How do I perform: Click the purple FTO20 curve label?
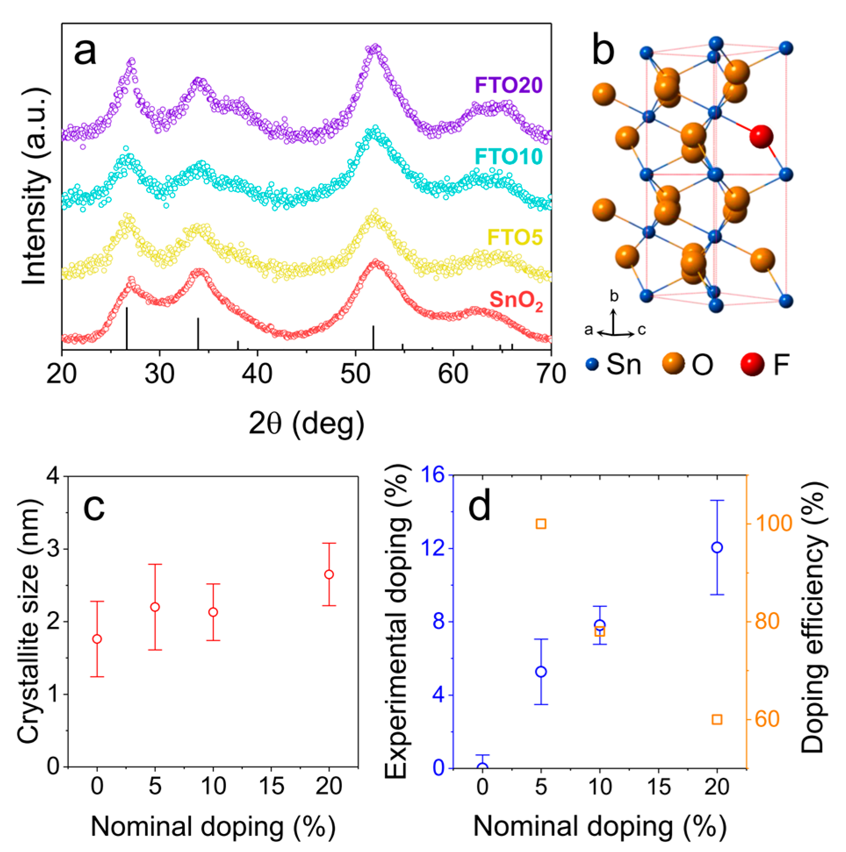coord(508,85)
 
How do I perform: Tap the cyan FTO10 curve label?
coord(508,157)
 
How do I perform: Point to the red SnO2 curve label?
coord(516,300)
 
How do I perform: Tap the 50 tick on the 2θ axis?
coord(355,374)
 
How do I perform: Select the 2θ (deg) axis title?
coord(306,424)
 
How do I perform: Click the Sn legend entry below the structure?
coord(613,364)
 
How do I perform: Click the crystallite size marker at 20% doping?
coord(329,574)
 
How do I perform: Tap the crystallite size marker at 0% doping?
coord(97,639)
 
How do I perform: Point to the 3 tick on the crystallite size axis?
coord(52,549)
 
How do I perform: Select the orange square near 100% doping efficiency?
coord(541,524)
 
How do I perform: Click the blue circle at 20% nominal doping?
coord(717,547)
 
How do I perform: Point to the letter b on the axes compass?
coord(614,296)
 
